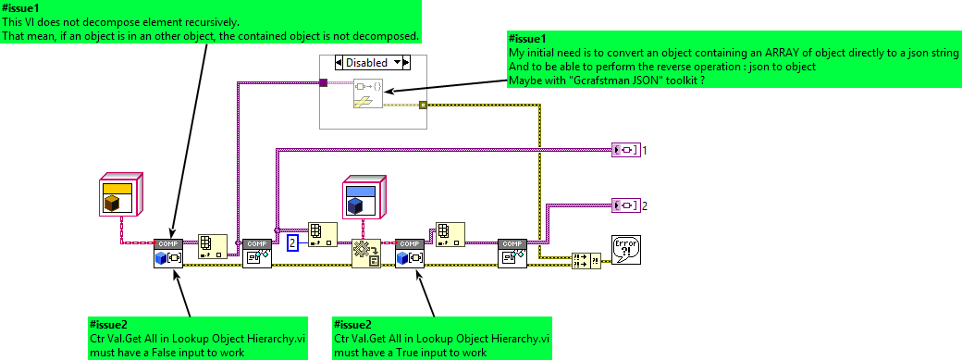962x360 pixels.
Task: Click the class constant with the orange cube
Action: coord(121,194)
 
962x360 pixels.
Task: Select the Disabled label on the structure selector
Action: coord(366,62)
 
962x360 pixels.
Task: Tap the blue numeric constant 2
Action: coord(292,243)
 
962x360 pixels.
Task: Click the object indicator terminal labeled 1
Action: coord(625,149)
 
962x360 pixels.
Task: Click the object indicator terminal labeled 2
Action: coord(625,205)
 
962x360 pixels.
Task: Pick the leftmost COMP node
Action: coord(167,254)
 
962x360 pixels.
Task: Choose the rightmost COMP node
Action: coord(512,254)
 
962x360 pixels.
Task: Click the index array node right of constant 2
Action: coord(322,235)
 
